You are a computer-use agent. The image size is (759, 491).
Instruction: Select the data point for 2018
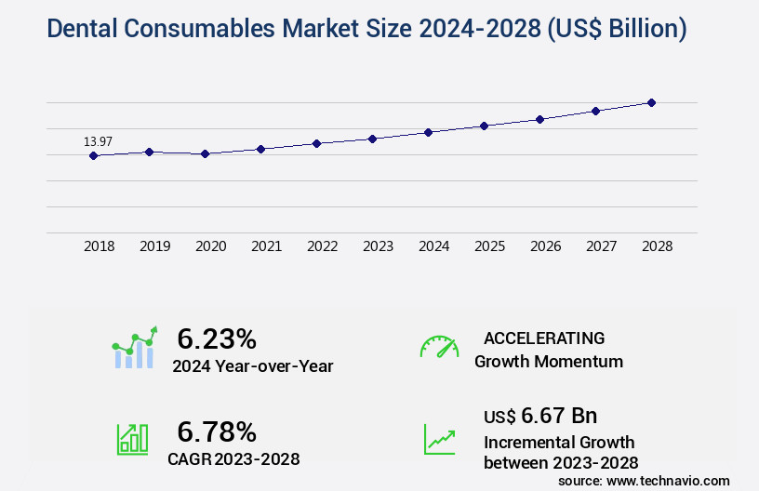93,155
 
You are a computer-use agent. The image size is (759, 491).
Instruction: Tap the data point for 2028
651,102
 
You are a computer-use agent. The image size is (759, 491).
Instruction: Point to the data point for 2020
205,153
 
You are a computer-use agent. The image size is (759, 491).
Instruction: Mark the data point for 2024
428,132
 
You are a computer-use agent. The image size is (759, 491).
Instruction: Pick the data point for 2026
539,119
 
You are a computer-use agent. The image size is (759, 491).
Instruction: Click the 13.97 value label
98,141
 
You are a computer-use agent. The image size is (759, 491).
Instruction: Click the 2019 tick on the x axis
154,246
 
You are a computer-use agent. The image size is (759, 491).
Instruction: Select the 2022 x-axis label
322,246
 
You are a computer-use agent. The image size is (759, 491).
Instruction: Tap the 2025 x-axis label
489,246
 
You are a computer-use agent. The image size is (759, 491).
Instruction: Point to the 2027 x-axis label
601,246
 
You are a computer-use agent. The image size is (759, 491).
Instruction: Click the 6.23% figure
217,338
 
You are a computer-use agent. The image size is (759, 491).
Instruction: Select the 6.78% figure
217,431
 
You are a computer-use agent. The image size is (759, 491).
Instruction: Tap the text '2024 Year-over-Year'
252,366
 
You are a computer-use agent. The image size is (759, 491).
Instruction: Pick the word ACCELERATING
544,338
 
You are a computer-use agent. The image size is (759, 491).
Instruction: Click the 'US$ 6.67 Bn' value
540,415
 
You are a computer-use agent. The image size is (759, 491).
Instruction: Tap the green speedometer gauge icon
439,347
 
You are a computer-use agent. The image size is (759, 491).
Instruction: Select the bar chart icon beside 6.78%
132,439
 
